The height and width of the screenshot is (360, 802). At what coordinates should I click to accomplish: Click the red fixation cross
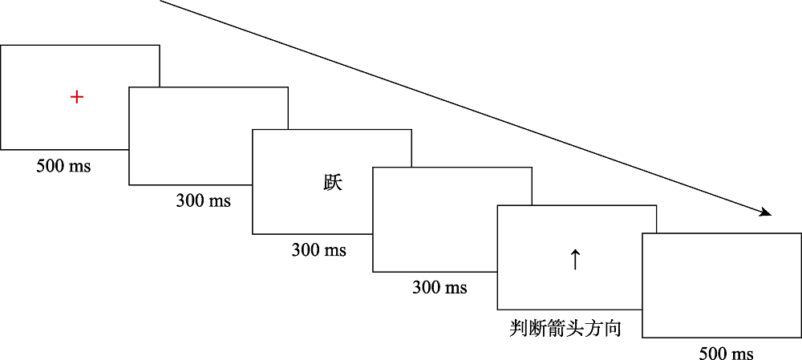(x=76, y=97)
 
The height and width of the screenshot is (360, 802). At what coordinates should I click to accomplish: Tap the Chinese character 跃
(x=333, y=183)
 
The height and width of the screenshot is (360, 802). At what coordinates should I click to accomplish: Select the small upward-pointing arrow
(x=574, y=259)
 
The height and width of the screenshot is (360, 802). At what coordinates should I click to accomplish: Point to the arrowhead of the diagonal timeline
(x=767, y=213)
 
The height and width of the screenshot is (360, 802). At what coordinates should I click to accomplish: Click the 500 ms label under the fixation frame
(x=63, y=166)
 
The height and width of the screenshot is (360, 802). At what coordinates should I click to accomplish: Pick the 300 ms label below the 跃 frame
(x=318, y=250)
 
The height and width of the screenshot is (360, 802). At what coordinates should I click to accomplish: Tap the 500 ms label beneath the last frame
(x=726, y=354)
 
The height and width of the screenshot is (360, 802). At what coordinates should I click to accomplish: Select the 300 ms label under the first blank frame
(x=203, y=200)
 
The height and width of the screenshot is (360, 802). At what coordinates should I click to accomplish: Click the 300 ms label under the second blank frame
(x=439, y=287)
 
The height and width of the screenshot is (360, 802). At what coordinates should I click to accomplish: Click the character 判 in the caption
(x=519, y=328)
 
